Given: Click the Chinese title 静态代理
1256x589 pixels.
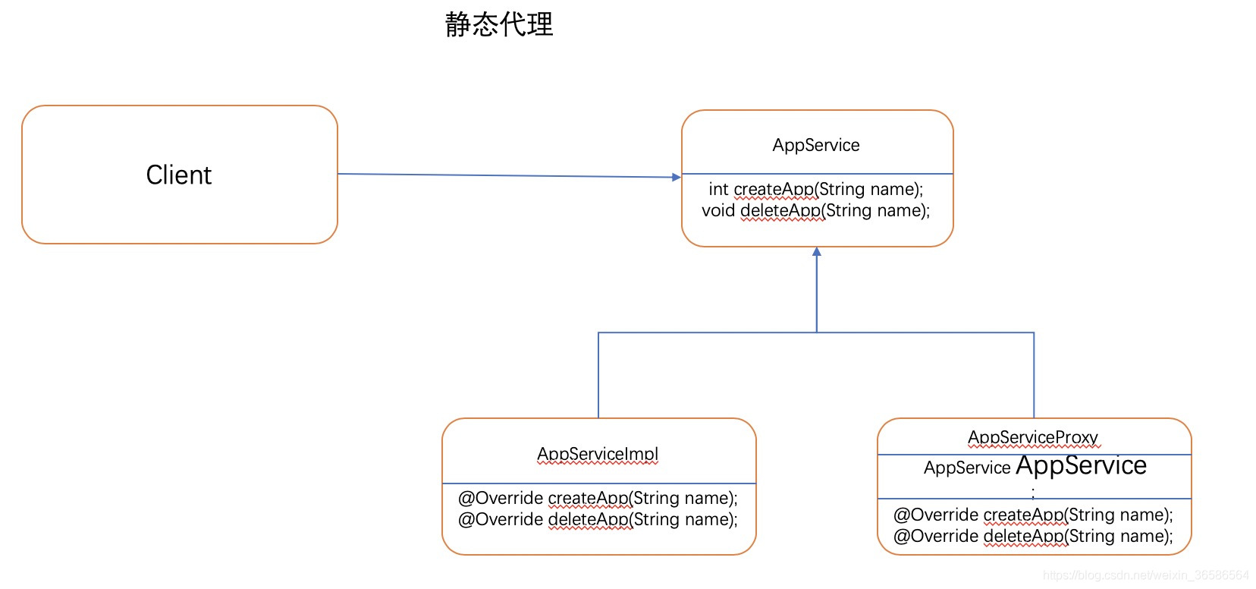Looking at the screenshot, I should pos(499,25).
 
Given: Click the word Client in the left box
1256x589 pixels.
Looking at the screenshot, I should pos(178,175).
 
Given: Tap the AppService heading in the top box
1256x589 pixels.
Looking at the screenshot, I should pos(816,145).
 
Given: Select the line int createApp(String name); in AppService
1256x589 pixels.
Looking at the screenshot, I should pos(815,189).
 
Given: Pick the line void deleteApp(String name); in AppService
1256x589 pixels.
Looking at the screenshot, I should pos(815,210).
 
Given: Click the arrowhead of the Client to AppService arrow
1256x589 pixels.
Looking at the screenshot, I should pos(677,177).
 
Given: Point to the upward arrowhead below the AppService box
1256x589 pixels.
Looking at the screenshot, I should pos(817,252).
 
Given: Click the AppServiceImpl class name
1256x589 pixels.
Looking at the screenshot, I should pos(598,454).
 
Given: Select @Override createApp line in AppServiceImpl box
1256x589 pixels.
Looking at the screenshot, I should pos(598,498).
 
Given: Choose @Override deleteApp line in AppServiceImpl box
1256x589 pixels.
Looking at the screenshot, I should pos(598,519).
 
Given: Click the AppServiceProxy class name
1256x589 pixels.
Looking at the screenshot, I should pos(1033,437).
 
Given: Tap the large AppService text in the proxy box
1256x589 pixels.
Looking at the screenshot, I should pos(1081,465).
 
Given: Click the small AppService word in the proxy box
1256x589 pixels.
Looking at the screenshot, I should pos(967,468).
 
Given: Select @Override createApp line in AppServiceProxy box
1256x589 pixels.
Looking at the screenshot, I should pos(1033,515).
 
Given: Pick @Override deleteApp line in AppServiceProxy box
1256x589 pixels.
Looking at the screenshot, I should pos(1033,536).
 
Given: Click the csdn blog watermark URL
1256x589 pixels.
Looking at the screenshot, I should pos(1145,575).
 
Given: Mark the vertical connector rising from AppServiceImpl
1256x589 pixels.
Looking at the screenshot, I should pos(598,376).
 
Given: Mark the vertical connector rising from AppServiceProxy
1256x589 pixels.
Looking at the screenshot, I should pos(1034,376).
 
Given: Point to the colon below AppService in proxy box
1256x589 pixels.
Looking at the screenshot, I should pos(1033,491).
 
